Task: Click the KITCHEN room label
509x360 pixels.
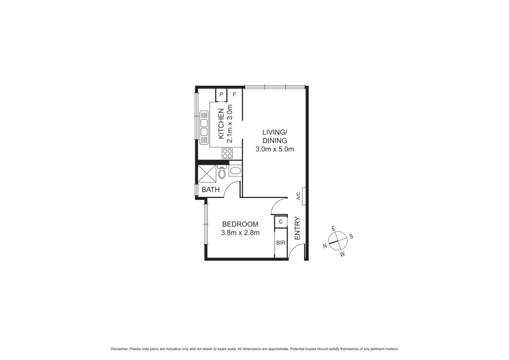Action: point(221,124)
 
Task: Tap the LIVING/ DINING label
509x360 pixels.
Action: point(274,136)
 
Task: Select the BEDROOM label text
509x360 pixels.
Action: point(240,224)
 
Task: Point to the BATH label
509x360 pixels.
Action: point(211,190)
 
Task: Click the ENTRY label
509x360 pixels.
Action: point(297,228)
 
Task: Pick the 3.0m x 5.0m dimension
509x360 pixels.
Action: point(274,149)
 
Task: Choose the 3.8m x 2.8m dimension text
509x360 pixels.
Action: point(240,233)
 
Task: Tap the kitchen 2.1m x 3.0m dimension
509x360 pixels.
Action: point(229,124)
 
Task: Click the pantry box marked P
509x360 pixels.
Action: point(221,94)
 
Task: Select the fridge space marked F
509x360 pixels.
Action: point(235,94)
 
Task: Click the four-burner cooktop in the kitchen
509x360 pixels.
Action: point(227,154)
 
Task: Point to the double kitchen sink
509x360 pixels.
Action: point(204,127)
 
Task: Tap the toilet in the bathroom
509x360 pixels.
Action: point(222,173)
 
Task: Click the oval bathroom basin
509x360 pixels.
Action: point(236,171)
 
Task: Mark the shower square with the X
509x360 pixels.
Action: point(207,173)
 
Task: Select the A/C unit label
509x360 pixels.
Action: point(298,196)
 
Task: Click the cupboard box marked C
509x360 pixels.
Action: point(281,221)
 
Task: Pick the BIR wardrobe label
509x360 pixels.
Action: point(281,243)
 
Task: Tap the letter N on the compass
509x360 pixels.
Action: point(325,246)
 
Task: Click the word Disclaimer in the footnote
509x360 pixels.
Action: point(119,349)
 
